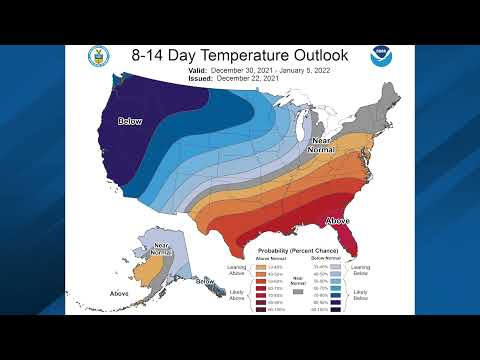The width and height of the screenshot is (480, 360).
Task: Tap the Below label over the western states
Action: point(130,121)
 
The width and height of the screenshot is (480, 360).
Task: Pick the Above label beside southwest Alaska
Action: point(119,292)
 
